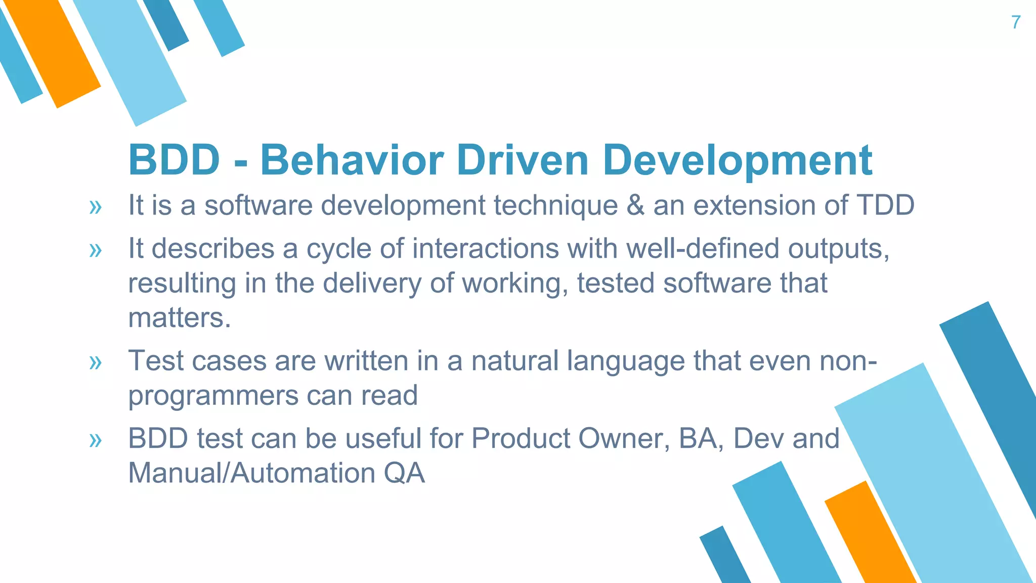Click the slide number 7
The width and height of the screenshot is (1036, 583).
point(1016,22)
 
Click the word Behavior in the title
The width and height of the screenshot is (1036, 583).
point(352,160)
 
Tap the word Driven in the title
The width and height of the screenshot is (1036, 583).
point(523,160)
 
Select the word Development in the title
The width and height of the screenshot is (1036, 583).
point(737,160)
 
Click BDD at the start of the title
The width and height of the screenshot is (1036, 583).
point(174,160)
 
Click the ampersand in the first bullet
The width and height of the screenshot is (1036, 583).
point(635,205)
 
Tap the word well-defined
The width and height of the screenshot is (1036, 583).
point(703,249)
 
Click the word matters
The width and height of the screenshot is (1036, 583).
point(179,318)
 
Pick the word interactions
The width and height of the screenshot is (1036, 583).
point(485,249)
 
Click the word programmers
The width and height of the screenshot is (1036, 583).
point(212,396)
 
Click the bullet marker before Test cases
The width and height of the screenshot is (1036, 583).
point(95,363)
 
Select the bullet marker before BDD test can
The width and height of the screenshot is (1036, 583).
point(95,440)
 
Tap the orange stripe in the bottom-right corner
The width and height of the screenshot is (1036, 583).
point(870,536)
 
